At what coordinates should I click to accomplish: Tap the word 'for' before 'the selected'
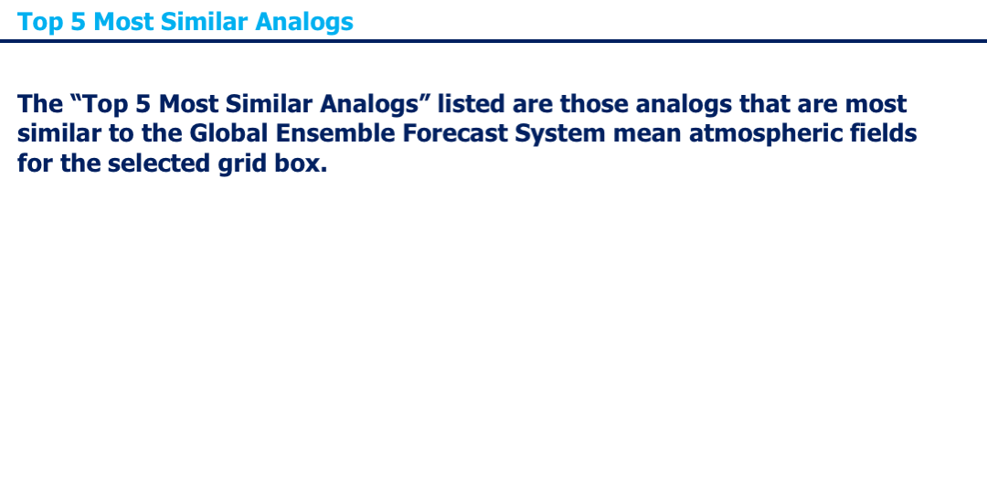pyautogui.click(x=36, y=163)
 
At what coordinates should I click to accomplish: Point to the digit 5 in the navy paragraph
pyautogui.click(x=143, y=104)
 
